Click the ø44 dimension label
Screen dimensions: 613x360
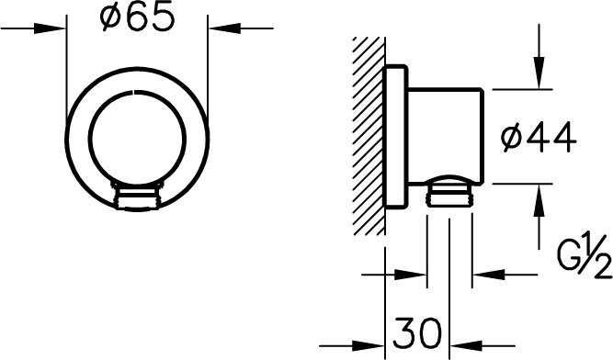point(539,138)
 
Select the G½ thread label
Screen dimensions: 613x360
point(585,256)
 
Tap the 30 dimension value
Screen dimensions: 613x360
point(417,333)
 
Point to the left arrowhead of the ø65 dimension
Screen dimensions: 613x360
point(50,28)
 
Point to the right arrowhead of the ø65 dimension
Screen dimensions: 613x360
point(224,28)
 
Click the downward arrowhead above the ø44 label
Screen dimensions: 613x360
point(539,73)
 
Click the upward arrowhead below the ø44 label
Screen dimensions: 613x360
point(539,199)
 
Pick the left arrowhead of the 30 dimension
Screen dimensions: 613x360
point(369,346)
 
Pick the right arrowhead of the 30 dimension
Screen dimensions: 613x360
point(466,346)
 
